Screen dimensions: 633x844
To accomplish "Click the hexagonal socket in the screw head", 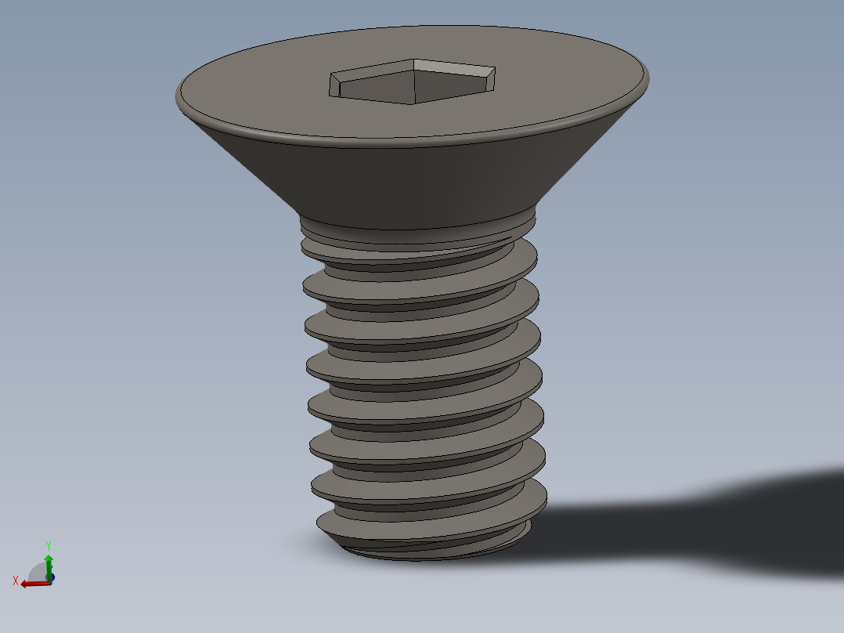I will pos(413,81).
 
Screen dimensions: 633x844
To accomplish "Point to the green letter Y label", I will pos(49,546).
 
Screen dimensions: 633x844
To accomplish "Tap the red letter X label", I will pos(16,581).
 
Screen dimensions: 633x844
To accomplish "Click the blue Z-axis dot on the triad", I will pos(51,578).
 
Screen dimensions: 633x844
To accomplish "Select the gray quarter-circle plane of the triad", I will pos(38,572).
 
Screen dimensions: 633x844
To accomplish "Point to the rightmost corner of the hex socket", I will pos(496,68).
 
